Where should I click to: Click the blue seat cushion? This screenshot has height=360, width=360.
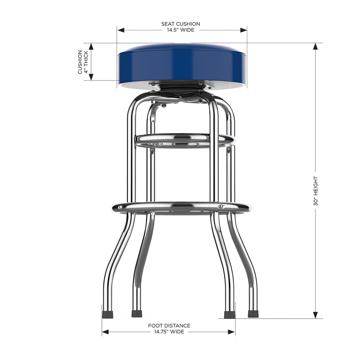click(x=182, y=65)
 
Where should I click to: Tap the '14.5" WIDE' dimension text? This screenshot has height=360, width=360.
click(x=180, y=30)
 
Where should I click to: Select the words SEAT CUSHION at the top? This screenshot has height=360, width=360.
click(x=180, y=24)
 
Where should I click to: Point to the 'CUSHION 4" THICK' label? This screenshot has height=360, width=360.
click(x=82, y=62)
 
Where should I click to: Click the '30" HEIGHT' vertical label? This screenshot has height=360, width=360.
click(x=316, y=191)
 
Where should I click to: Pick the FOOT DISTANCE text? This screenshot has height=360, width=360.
click(x=169, y=326)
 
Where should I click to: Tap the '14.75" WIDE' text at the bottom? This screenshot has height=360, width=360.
click(x=169, y=332)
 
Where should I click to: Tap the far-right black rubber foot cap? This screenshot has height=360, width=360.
click(x=253, y=314)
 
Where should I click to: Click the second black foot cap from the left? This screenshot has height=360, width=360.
click(x=137, y=314)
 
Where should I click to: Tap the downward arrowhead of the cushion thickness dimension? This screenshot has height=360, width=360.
click(x=91, y=76)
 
